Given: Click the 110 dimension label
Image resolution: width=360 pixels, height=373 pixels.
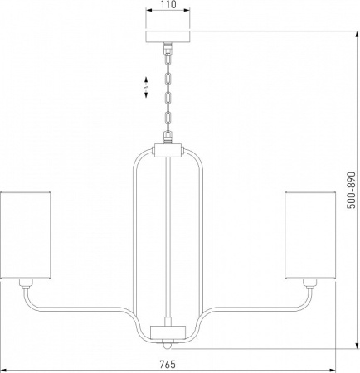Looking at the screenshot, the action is point(168,4).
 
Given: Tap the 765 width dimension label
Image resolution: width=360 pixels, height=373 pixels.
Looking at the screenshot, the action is point(168,365).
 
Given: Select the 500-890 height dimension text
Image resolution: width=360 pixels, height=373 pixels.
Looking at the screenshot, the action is point(351,191).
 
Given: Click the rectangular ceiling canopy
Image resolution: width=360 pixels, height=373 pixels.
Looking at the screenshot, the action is point(168,36).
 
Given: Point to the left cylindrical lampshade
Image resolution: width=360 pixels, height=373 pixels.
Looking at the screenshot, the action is point(25,235).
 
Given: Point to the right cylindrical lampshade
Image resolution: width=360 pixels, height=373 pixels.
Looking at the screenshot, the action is point(310,235).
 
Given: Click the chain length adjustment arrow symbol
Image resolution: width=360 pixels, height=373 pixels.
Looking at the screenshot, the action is point(146,87).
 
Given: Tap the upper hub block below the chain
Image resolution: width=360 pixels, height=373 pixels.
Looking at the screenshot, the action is point(168,150).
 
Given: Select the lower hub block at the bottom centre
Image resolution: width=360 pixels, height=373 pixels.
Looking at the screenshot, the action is point(168,332).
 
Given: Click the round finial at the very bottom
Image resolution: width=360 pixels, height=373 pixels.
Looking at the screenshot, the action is point(167,346).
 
